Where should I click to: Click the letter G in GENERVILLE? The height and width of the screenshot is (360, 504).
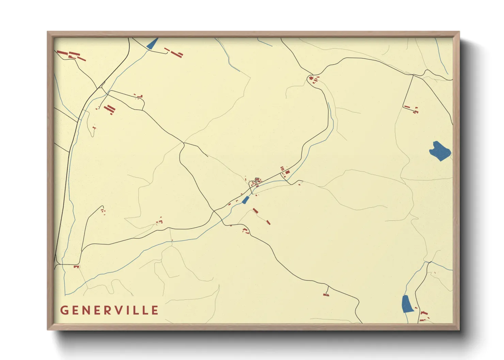64,310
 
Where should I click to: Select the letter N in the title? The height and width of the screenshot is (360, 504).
86,310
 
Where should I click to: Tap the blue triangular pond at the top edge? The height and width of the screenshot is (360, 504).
152,44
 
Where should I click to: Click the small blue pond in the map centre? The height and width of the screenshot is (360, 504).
245,200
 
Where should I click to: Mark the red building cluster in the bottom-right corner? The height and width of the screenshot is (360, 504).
423,316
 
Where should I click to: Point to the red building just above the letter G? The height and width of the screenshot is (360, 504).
76,267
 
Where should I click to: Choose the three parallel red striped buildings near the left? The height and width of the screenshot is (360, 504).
109,109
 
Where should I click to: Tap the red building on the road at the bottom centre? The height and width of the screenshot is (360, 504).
326,294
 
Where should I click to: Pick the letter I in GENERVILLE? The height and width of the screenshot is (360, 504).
130,310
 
